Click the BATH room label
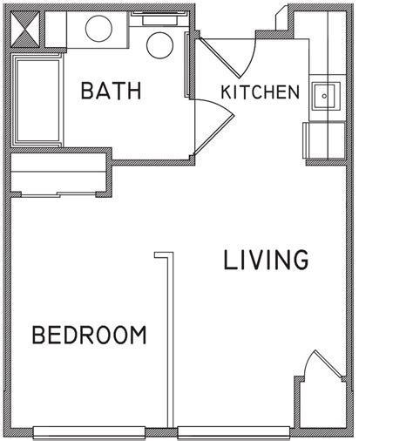[112, 91]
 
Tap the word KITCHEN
[261, 92]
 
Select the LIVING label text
[266, 260]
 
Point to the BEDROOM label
[89, 336]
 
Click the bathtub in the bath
[38, 100]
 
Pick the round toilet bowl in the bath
[159, 45]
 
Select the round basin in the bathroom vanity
[98, 28]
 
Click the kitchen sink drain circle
[324, 96]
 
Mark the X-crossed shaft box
[25, 29]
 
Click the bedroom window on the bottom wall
[89, 432]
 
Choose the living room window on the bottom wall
[234, 432]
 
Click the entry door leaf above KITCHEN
[220, 58]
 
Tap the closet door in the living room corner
[329, 364]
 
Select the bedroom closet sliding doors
[58, 194]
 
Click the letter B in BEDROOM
[38, 336]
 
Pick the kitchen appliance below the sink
[324, 140]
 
